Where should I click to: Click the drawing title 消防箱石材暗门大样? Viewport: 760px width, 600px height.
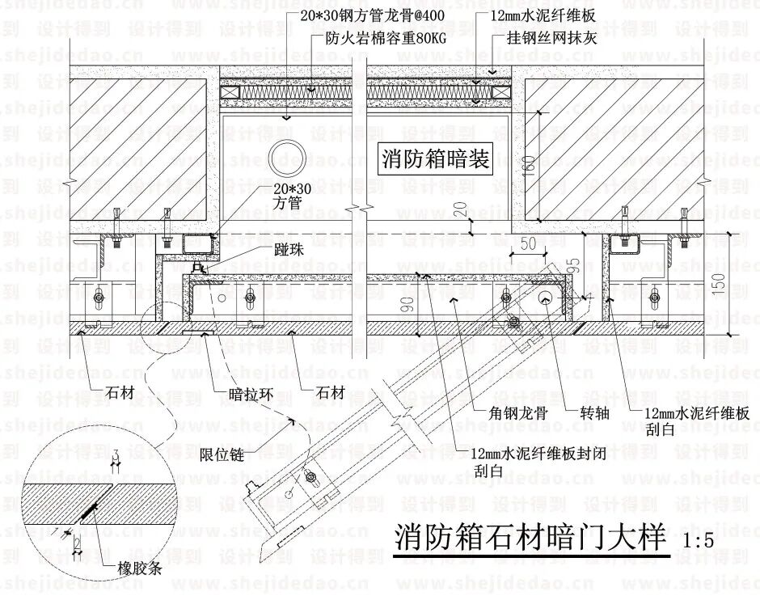[x=530, y=538]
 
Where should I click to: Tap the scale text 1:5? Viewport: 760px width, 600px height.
[x=699, y=541]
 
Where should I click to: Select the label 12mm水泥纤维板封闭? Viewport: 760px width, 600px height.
[x=543, y=453]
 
